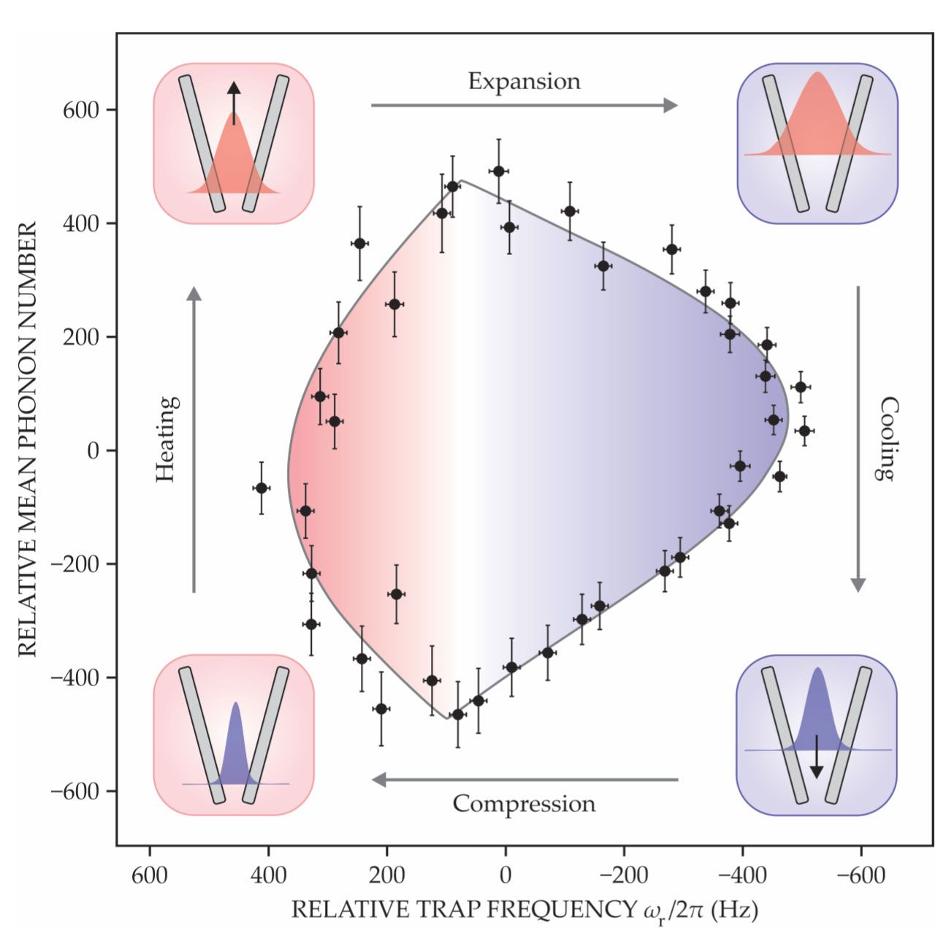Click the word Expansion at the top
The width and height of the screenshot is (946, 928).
point(524,81)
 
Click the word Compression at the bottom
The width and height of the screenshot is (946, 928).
point(524,804)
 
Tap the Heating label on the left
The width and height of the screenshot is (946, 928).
point(167,439)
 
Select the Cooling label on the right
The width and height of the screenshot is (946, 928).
point(886,438)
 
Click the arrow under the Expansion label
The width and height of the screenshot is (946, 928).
point(524,106)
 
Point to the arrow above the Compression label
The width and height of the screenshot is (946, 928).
point(525,780)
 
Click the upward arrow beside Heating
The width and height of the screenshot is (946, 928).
point(194,439)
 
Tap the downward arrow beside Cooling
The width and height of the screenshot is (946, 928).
point(858,438)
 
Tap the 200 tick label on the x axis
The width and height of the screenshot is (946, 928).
point(386,875)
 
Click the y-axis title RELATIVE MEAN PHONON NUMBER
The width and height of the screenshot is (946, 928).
point(28,439)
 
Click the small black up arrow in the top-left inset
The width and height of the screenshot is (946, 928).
point(233,102)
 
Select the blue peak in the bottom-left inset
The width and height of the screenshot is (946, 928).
point(235,749)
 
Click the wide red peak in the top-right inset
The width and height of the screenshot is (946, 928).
point(817,117)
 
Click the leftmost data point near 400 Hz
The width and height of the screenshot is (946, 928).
point(261,487)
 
